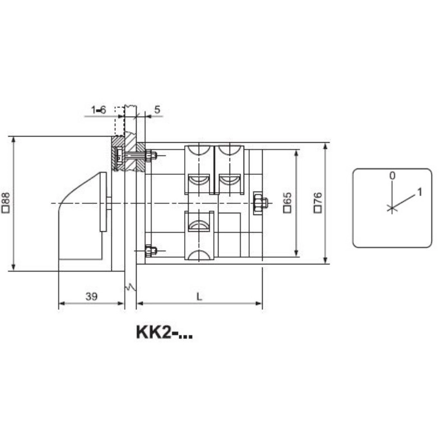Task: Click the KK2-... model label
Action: click(x=164, y=332)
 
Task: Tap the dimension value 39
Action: click(x=91, y=297)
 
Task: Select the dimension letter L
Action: click(x=199, y=297)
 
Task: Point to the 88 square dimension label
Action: click(x=6, y=203)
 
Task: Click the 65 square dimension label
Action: click(x=287, y=202)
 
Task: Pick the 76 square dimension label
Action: click(x=318, y=202)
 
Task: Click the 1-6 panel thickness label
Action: click(x=99, y=110)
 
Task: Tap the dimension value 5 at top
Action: click(x=157, y=109)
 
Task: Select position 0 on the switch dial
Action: click(x=393, y=175)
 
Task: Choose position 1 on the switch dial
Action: click(x=419, y=192)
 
